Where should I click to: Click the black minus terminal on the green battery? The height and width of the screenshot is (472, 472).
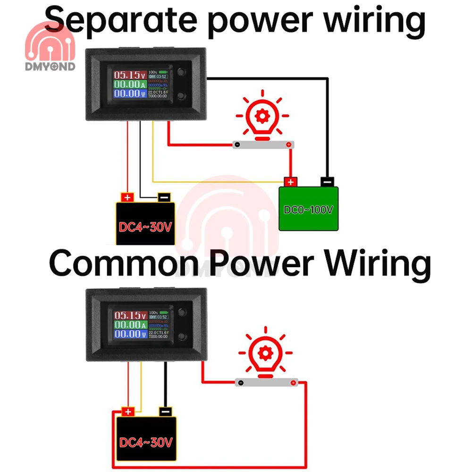[327, 181]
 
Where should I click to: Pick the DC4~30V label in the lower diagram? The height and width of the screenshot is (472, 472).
[145, 443]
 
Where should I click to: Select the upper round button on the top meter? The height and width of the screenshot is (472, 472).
[182, 73]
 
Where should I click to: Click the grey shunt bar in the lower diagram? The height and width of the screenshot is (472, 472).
[267, 382]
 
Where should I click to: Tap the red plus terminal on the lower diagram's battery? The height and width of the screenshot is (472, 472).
[127, 412]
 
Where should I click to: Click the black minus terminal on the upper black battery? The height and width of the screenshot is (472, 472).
[164, 196]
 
